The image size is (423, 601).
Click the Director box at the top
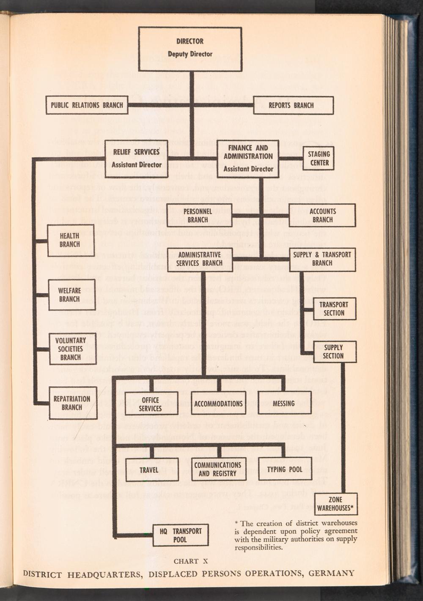[190, 49]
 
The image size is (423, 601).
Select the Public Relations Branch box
[87, 105]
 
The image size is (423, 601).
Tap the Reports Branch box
[293, 105]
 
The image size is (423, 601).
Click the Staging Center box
[319, 158]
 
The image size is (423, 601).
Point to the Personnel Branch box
[198, 216]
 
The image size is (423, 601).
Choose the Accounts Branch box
[322, 216]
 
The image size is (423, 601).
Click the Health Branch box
[71, 240]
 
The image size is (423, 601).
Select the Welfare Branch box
[70, 295]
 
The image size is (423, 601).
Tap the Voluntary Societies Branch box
[71, 349]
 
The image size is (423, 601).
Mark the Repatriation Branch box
[72, 403]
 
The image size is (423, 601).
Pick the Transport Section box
[334, 309]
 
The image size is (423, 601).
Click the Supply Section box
[334, 352]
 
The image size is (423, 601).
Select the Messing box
[284, 404]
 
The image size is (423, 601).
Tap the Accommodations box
[218, 404]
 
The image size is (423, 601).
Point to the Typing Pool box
[285, 469]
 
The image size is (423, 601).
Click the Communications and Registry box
[217, 469]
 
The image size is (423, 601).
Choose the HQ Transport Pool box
[181, 535]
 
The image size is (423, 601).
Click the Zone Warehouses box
[335, 504]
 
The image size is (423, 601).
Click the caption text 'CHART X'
[191, 561]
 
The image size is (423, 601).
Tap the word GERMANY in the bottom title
[331, 574]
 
